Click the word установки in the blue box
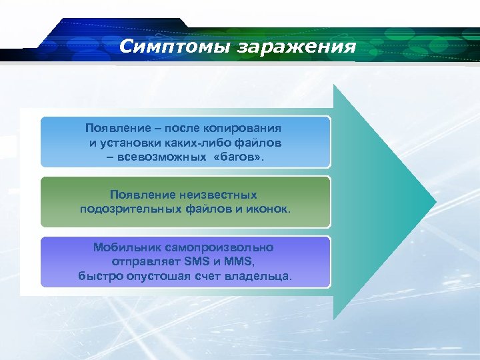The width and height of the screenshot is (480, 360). [x=127, y=143]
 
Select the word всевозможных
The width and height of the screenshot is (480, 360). [x=167, y=157]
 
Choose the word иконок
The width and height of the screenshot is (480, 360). [x=269, y=209]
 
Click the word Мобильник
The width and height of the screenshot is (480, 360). [x=124, y=247]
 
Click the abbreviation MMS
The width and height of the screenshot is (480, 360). [x=241, y=261]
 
